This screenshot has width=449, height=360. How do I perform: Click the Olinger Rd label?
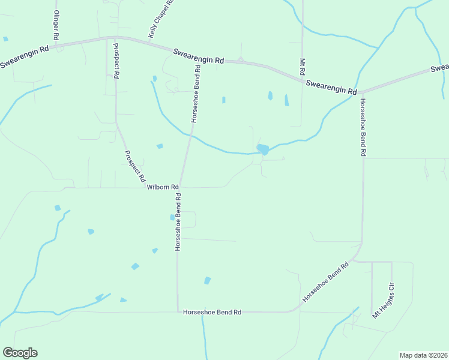tap(56, 25)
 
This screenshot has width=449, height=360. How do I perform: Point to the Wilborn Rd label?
tap(163, 187)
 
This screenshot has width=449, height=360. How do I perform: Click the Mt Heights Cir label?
tap(384, 300)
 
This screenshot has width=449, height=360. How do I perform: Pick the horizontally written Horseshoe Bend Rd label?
tap(212, 312)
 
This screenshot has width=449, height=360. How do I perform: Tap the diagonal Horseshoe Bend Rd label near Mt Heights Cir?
tap(325, 281)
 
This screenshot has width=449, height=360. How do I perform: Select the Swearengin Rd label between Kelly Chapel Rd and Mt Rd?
tap(199, 56)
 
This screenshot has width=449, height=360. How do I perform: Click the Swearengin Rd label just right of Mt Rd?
tap(331, 87)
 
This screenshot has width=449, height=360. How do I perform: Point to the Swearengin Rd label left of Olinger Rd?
tap(24, 56)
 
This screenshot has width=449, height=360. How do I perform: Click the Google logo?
tap(20, 353)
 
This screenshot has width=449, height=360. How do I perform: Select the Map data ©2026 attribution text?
tap(423, 355)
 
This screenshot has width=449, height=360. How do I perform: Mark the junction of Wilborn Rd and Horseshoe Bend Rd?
tap(179, 187)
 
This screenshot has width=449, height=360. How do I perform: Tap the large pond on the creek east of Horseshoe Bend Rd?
tap(262, 149)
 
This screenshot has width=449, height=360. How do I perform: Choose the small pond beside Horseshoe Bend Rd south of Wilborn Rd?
tap(172, 217)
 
